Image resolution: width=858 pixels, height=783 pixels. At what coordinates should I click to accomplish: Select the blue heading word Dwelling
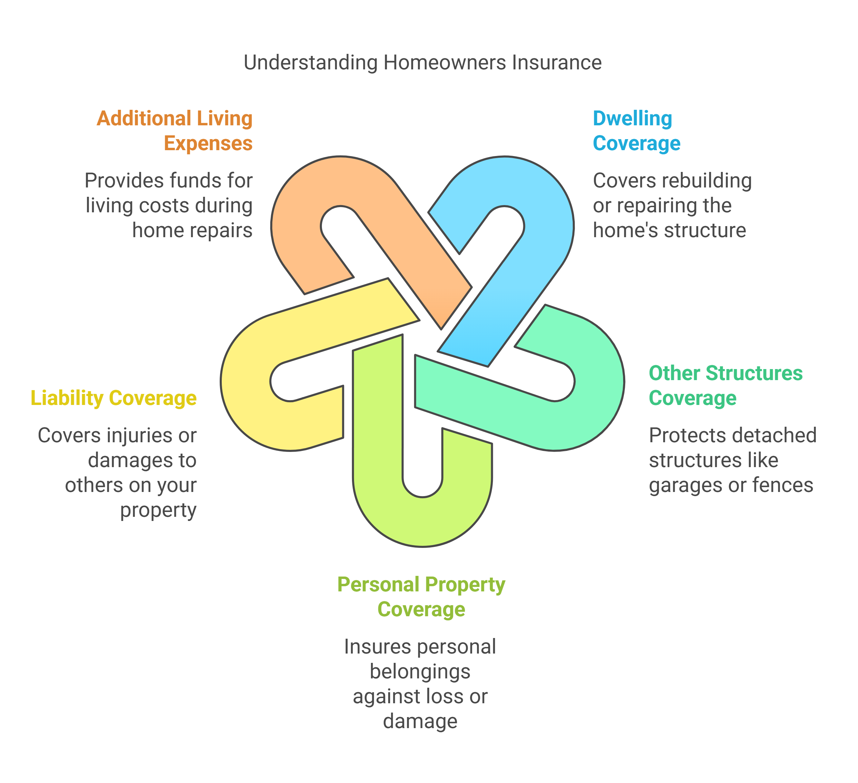coord(632,119)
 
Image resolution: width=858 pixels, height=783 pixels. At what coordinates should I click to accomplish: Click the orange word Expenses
coord(208,144)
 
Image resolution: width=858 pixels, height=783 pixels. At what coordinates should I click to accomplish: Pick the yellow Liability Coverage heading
coord(114,398)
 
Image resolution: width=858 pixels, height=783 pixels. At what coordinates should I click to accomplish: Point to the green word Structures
coord(754,374)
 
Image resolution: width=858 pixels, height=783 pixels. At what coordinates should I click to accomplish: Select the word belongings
coord(420,672)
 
